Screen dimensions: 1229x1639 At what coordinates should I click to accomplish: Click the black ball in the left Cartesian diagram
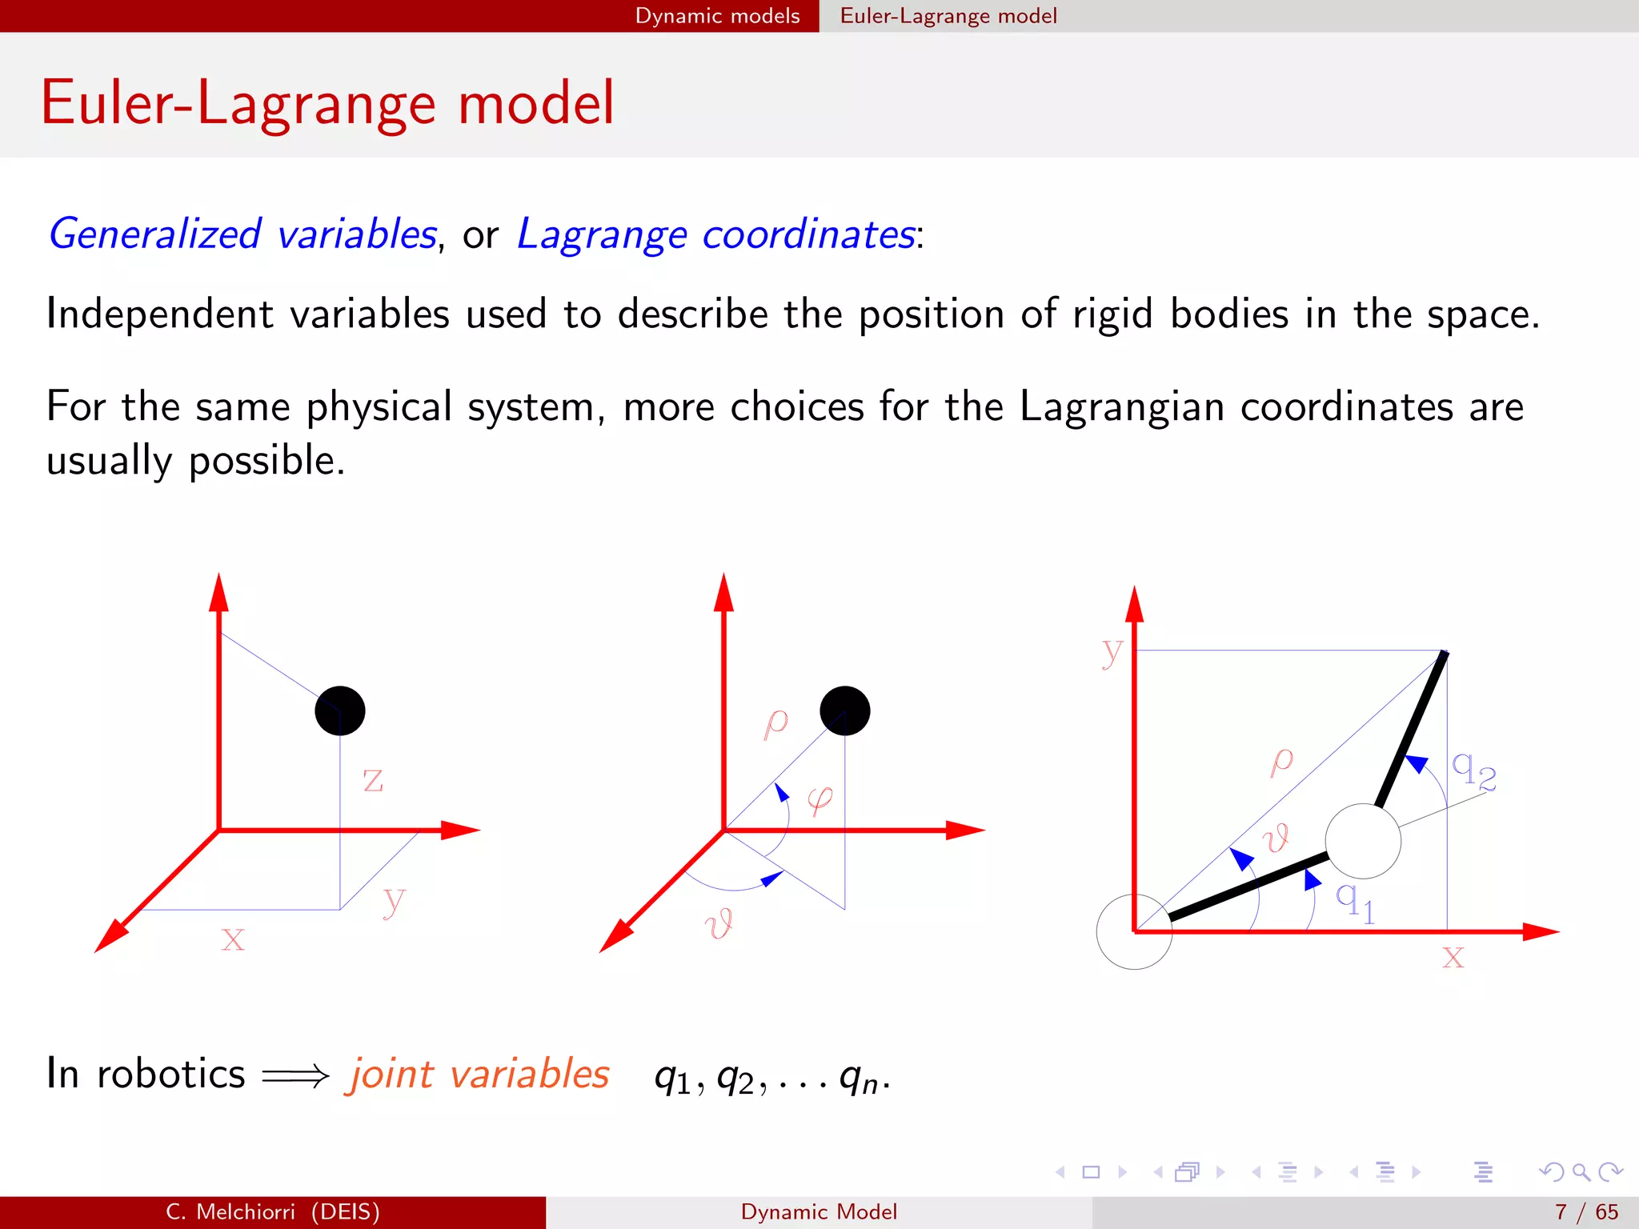tap(340, 711)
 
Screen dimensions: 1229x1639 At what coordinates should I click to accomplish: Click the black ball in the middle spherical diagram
tap(845, 711)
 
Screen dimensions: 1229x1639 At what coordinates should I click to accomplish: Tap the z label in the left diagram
tap(373, 780)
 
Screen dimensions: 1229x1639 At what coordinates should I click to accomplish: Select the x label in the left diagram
tap(233, 938)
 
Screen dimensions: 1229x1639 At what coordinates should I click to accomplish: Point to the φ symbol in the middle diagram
tap(820, 799)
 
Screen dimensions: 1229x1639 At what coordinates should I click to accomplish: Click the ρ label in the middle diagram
tap(775, 723)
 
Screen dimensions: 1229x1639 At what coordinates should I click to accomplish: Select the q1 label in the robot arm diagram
tap(1355, 902)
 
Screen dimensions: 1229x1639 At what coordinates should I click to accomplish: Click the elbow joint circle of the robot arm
tap(1363, 841)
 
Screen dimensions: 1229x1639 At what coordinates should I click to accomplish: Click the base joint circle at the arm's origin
tap(1134, 932)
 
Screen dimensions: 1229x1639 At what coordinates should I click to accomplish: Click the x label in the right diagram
tap(1453, 956)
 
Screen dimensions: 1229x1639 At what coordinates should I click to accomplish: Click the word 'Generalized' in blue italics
tap(154, 234)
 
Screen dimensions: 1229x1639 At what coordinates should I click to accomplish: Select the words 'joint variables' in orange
tap(478, 1074)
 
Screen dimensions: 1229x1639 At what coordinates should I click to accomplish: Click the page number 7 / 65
tap(1586, 1212)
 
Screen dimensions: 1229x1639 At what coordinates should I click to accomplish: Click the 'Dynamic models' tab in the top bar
tap(717, 16)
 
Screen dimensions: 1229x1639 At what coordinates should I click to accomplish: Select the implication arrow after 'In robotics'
tap(295, 1076)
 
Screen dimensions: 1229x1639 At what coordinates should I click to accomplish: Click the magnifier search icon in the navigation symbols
tap(1581, 1172)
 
